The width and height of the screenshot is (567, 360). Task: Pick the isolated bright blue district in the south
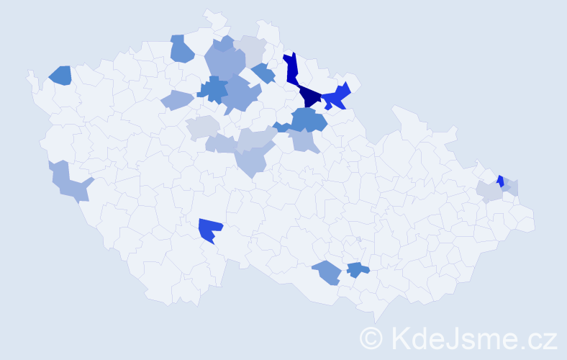(x=211, y=230)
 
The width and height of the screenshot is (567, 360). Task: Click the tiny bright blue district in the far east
(x=500, y=181)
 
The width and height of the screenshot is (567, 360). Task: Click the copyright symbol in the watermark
(x=371, y=337)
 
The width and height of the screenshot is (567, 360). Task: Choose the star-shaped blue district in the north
(x=213, y=89)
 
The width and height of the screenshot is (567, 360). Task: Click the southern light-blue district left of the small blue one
(x=327, y=272)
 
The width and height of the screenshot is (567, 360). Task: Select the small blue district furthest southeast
(x=357, y=270)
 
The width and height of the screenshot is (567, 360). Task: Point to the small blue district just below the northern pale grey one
(x=264, y=73)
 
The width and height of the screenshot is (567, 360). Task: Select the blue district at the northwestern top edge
(x=181, y=49)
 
